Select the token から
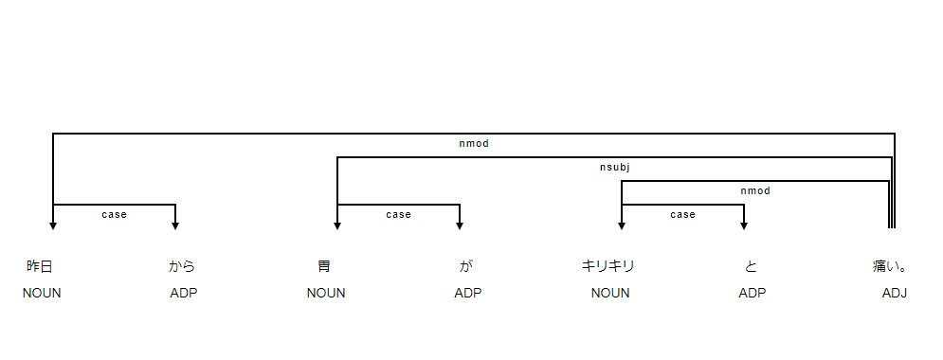coord(182,266)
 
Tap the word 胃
coord(324,266)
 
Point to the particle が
coord(466,266)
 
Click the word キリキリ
coord(608,266)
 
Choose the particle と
coord(751,266)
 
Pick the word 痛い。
coord(893,266)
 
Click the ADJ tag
coord(895,293)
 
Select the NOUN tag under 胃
coord(326,293)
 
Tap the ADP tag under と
coord(753,293)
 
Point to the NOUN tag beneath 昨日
coord(42,293)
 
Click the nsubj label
coord(615,168)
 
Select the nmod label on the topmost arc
coord(473,144)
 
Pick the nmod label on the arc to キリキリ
coord(755,191)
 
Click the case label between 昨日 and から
coord(114,215)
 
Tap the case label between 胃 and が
coord(398,215)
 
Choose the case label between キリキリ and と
coord(682,215)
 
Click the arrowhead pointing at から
coord(175,225)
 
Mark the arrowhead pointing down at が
coord(460,225)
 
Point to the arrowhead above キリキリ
coord(622,225)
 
